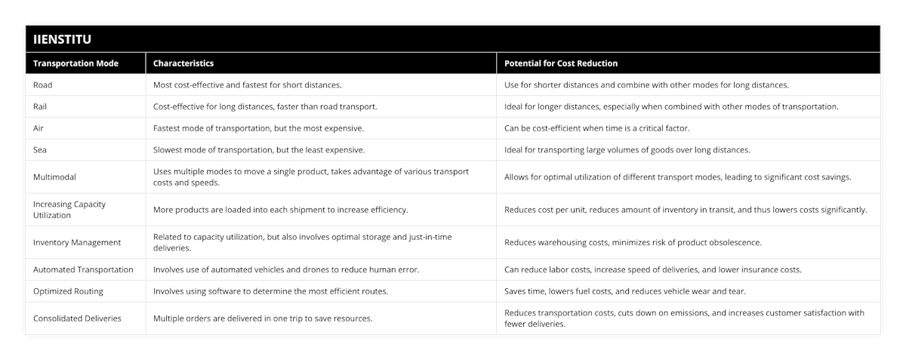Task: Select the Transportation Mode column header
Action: tap(76, 63)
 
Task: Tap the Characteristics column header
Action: tap(183, 63)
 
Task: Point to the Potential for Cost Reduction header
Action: tap(561, 63)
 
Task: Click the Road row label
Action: tap(43, 85)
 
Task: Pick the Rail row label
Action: tap(41, 106)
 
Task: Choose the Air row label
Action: tap(39, 128)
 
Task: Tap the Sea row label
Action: tap(40, 149)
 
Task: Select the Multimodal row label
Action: tap(55, 177)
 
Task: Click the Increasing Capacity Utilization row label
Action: tap(69, 209)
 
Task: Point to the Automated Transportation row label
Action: tap(83, 269)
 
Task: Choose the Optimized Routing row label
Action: tap(68, 291)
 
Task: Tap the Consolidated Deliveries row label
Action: tap(77, 318)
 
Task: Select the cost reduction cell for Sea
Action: tap(627, 149)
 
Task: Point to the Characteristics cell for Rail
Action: tap(265, 106)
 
